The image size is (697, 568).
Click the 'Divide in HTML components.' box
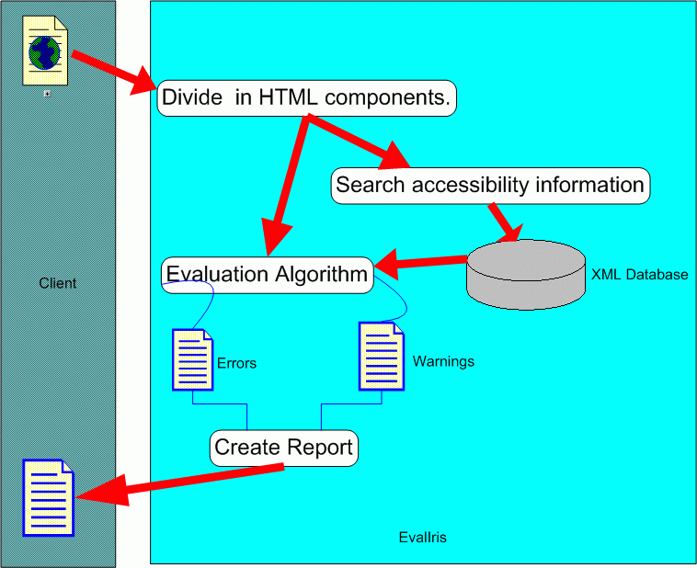point(307,98)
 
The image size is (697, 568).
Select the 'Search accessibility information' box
point(490,185)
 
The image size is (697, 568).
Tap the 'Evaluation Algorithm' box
point(268,274)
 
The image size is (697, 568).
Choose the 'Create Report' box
point(283,449)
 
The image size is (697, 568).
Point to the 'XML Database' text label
point(639,275)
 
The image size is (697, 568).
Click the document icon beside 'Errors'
point(193,359)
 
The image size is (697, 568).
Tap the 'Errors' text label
point(236,363)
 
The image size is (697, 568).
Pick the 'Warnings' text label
point(443,361)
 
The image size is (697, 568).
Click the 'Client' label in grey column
point(58,283)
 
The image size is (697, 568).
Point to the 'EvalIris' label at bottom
point(423,537)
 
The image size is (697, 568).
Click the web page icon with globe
point(45,52)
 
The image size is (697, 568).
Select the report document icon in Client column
point(47,498)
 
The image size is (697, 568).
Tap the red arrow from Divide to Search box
point(355,140)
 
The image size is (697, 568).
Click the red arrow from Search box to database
point(503,221)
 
